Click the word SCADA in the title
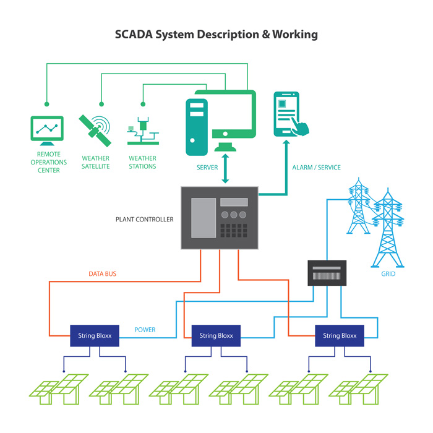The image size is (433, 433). pyautogui.click(x=134, y=35)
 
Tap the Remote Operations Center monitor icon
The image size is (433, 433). pyautogui.click(x=47, y=131)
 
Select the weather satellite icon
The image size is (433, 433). pyautogui.click(x=95, y=131)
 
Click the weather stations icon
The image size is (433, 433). pyautogui.click(x=143, y=131)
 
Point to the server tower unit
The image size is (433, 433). pyautogui.click(x=197, y=127)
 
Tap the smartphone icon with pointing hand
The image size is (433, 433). pyautogui.click(x=291, y=114)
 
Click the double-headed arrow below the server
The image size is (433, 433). pyautogui.click(x=225, y=168)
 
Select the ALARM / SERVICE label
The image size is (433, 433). pyautogui.click(x=317, y=168)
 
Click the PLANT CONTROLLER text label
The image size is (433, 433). pyautogui.click(x=144, y=220)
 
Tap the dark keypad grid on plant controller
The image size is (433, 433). pyautogui.click(x=234, y=231)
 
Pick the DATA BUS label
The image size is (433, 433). pyautogui.click(x=103, y=274)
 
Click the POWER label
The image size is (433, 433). pyautogui.click(x=145, y=330)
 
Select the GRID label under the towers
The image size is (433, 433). pyautogui.click(x=388, y=274)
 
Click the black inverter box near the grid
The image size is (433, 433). pyautogui.click(x=327, y=273)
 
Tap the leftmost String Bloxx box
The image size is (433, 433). pyautogui.click(x=95, y=336)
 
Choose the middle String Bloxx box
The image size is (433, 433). pyautogui.click(x=216, y=336)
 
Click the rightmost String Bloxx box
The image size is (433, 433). pyautogui.click(x=340, y=336)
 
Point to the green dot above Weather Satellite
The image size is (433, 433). pyautogui.click(x=101, y=104)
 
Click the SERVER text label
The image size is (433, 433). pyautogui.click(x=207, y=168)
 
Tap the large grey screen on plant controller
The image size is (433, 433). pyautogui.click(x=204, y=218)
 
